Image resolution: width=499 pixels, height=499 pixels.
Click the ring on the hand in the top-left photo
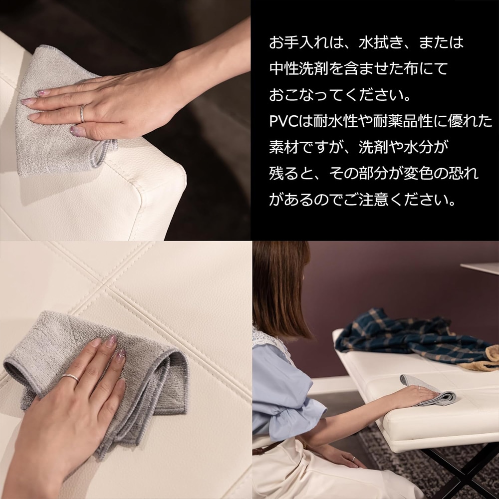coord(83,114)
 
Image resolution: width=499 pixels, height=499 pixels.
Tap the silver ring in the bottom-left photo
coord(70,378)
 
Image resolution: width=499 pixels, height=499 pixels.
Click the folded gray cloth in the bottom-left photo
coord(145,379)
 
